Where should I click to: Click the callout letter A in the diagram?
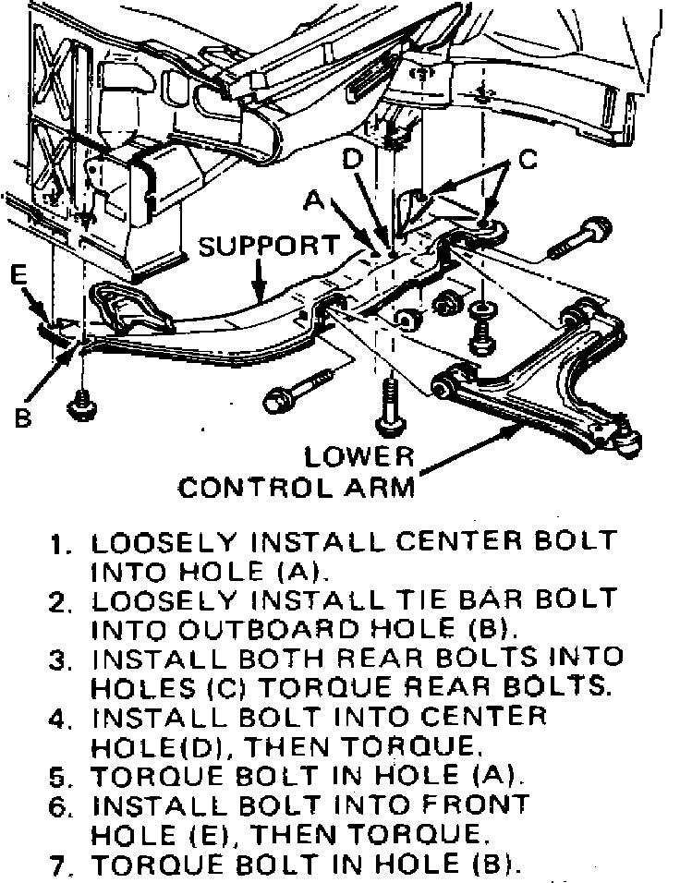pos(316,199)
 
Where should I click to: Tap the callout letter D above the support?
pos(352,160)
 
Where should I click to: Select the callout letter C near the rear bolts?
pos(527,159)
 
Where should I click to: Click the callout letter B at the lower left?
pos(21,418)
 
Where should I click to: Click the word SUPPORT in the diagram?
pos(270,246)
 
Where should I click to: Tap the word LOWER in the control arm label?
pos(361,456)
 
